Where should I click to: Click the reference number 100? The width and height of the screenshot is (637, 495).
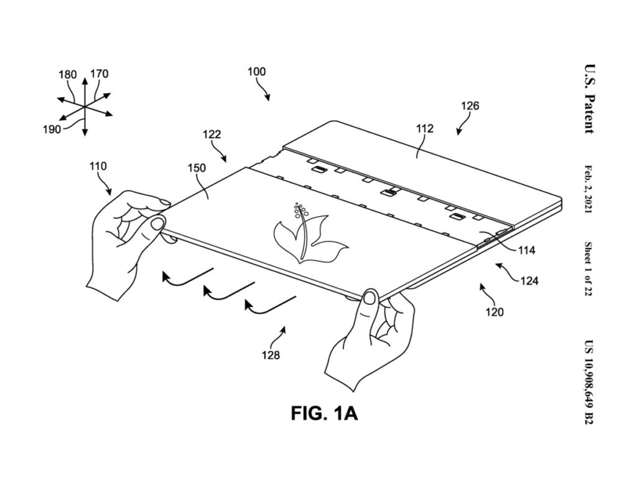click(x=256, y=72)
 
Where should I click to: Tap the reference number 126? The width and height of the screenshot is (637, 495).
click(x=470, y=106)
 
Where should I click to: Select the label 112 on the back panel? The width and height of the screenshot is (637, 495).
click(x=424, y=128)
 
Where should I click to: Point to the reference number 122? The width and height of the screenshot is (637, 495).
click(x=212, y=134)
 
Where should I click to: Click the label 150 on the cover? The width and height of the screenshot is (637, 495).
click(x=197, y=168)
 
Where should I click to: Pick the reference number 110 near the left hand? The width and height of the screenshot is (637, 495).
click(x=98, y=166)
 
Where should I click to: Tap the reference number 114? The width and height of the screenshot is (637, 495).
click(x=526, y=250)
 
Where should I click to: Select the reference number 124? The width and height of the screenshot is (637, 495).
click(x=529, y=280)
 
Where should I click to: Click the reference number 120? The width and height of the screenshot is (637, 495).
click(x=495, y=312)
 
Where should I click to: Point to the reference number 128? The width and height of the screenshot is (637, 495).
click(x=271, y=355)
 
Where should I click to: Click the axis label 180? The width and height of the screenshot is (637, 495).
click(x=67, y=75)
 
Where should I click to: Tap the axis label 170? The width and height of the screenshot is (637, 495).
click(x=99, y=73)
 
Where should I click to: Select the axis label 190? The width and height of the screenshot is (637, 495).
click(x=52, y=130)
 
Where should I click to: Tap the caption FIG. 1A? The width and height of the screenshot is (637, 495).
click(x=324, y=413)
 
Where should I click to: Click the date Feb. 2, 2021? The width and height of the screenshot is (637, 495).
click(x=588, y=189)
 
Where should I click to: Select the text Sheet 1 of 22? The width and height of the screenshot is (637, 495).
click(x=588, y=269)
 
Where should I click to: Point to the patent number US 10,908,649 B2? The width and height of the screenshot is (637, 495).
click(x=588, y=382)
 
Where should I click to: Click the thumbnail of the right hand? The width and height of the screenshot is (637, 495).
click(x=370, y=298)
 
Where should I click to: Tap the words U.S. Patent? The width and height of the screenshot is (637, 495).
click(x=589, y=99)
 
